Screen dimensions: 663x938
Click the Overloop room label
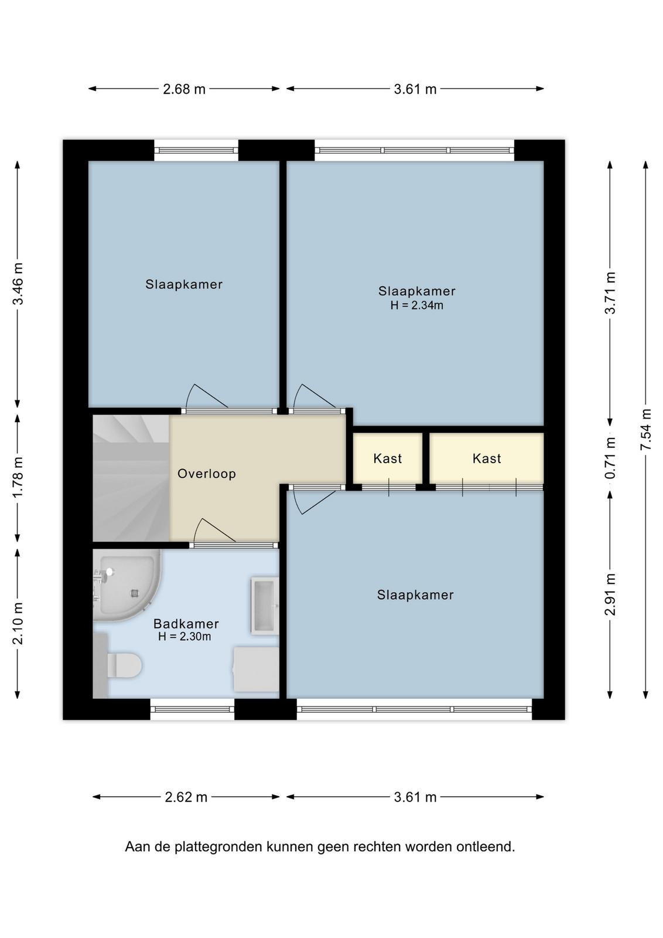[207, 474]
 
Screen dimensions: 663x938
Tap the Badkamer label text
[186, 624]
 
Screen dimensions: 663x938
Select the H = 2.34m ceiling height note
[416, 305]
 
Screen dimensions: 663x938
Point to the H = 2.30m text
[184, 637]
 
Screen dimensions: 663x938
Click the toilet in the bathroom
[124, 665]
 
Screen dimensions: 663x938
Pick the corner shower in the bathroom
[127, 586]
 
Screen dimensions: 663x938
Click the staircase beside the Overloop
[131, 478]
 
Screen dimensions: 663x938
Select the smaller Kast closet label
[388, 458]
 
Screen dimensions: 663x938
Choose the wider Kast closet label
[487, 458]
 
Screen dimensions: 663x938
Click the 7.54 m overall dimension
[646, 430]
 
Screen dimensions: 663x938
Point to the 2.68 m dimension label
[184, 89]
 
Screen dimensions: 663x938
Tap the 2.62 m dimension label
[186, 797]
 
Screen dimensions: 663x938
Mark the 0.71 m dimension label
[610, 458]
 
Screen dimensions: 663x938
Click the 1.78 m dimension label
[18, 478]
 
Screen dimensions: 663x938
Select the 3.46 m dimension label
[18, 284]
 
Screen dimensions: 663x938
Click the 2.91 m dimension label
[610, 594]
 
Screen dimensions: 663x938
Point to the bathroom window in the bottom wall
[192, 709]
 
